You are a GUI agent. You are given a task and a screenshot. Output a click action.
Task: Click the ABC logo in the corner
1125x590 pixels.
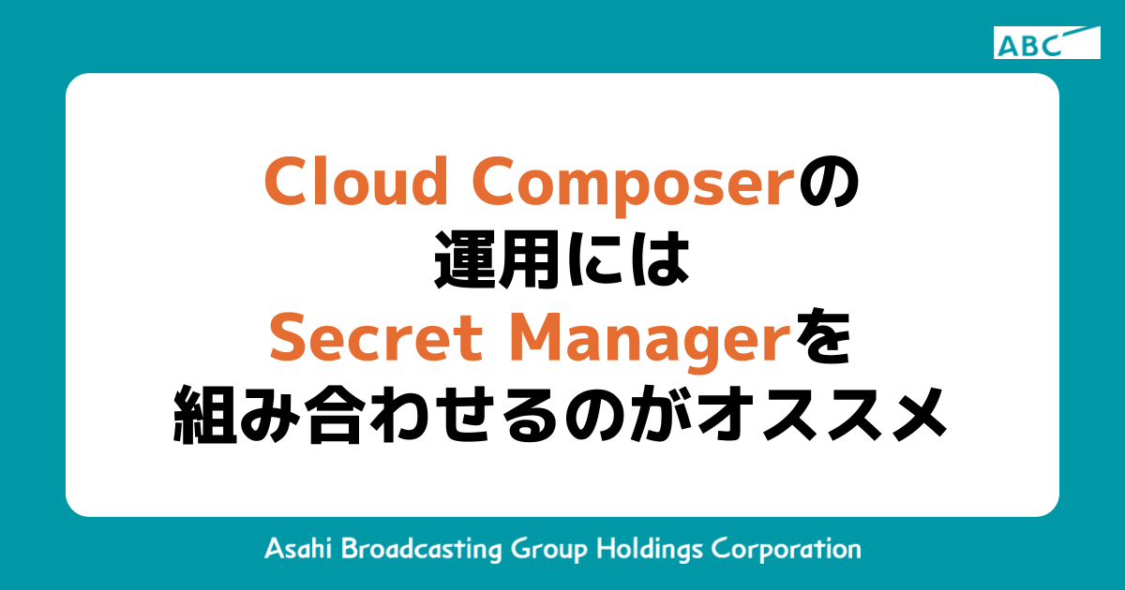tap(1046, 43)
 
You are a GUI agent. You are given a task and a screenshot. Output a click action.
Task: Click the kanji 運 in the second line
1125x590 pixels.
tap(466, 262)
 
